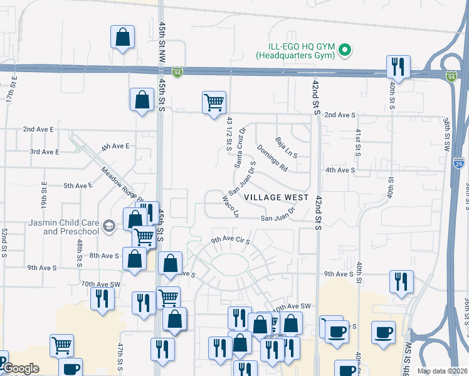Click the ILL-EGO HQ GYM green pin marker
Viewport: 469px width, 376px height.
[344, 50]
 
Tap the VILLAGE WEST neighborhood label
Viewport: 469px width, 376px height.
[276, 197]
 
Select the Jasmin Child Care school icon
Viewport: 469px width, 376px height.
[108, 226]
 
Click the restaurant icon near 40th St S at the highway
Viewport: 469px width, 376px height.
[398, 65]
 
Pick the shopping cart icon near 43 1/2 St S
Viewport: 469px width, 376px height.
[214, 102]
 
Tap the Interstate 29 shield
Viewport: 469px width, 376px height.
[458, 163]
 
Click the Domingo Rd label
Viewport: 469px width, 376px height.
[271, 159]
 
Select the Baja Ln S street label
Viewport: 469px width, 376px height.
[286, 147]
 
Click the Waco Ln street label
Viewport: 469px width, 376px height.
[231, 206]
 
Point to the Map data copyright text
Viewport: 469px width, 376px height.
[441, 371]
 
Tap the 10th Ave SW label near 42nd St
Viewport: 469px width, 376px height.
[292, 306]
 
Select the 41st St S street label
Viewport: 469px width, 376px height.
[358, 142]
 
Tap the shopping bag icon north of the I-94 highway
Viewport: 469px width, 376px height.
[122, 37]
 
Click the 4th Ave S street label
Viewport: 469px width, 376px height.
[340, 170]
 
